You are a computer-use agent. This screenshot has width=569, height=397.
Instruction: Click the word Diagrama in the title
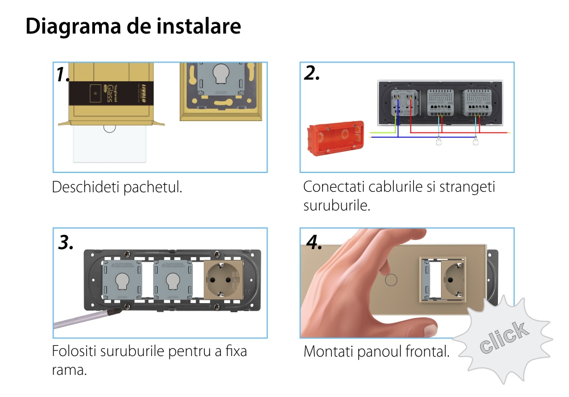pos(73,27)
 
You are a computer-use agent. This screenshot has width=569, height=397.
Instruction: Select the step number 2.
pos(312,73)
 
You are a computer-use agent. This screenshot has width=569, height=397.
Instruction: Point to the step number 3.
pos(65,242)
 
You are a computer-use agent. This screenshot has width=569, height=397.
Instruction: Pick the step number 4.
pos(314,242)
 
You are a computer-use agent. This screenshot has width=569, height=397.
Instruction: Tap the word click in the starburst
pos(504,337)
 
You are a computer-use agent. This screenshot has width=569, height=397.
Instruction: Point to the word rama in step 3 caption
pos(69,370)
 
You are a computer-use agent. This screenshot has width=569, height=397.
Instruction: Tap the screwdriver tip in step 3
pos(119,311)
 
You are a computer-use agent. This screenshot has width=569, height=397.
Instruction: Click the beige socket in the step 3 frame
pos(223,280)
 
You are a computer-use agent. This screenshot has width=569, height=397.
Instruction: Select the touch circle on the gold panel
pos(391,280)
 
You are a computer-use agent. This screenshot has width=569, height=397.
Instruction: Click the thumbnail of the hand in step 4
pos(431,329)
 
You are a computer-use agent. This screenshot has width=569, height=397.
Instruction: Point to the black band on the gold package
pos(111,93)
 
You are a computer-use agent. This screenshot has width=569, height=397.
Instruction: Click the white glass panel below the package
pos(110,143)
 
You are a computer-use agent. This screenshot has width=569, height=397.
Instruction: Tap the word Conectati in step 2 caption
pos(334,187)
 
